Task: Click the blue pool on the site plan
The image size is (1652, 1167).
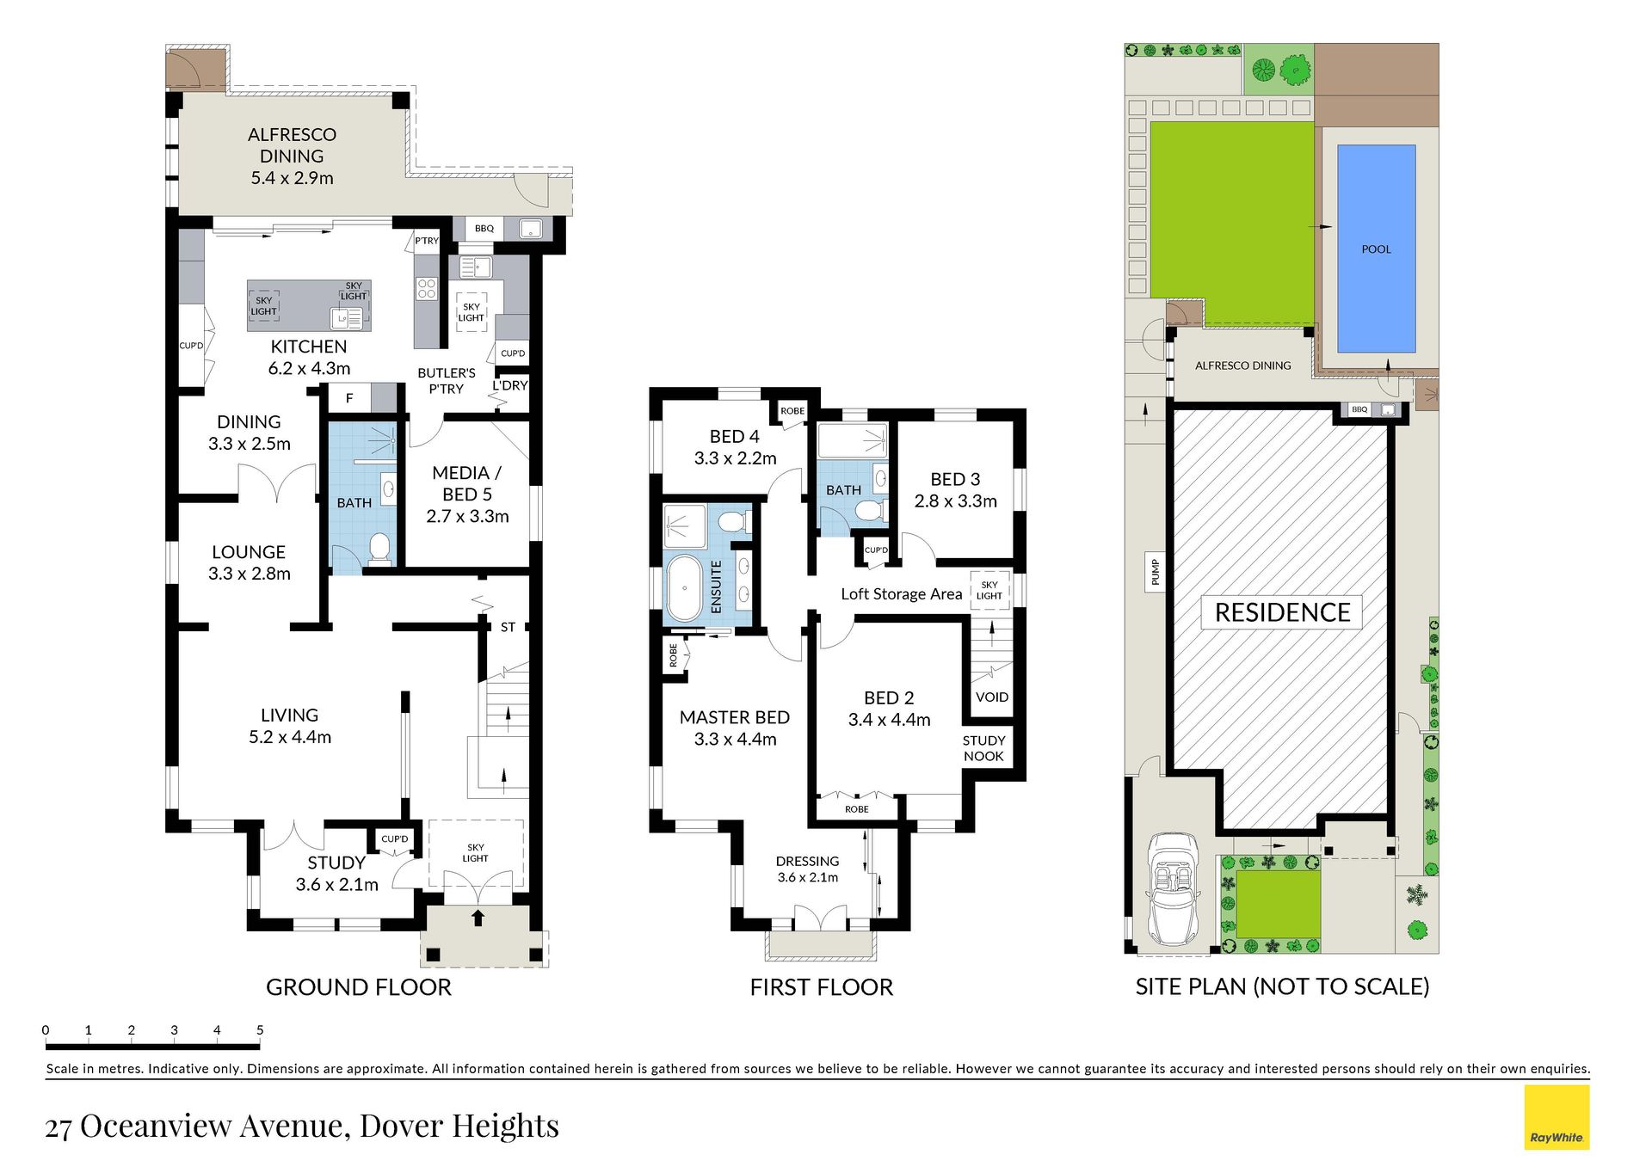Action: (x=1376, y=249)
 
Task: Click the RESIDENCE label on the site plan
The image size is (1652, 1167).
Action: (x=1282, y=612)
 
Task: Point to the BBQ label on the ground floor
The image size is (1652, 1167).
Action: (x=484, y=228)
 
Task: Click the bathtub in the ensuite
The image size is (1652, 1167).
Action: (x=685, y=588)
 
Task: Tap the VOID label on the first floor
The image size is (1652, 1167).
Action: (x=992, y=697)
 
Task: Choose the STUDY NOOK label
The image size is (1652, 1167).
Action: (x=983, y=748)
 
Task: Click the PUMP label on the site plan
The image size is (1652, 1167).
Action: (x=1156, y=573)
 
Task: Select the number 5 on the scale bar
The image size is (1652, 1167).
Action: (x=260, y=1030)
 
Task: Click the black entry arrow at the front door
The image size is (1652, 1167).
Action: (x=478, y=918)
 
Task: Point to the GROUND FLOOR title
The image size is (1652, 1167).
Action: (x=359, y=987)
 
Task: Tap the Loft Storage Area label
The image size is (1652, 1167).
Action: (x=902, y=593)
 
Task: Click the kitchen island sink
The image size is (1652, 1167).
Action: (x=347, y=319)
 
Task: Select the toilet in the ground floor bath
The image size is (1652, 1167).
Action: (x=379, y=549)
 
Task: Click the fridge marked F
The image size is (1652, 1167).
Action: (x=349, y=398)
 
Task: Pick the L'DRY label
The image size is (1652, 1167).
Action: (x=510, y=385)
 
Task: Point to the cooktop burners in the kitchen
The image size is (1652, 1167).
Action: (x=427, y=288)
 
